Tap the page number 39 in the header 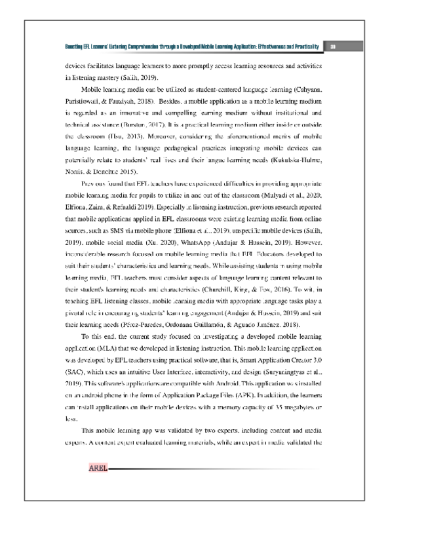click(333, 47)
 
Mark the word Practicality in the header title click(303, 47)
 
